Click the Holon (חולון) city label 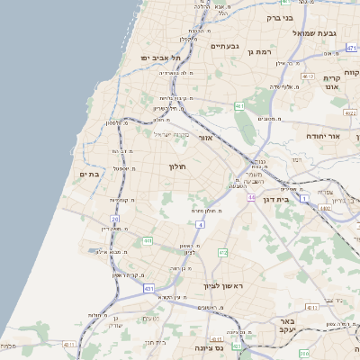click(176, 166)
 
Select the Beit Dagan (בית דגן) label click(273, 199)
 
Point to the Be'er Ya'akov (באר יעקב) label click(288, 326)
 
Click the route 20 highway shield click(115, 219)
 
